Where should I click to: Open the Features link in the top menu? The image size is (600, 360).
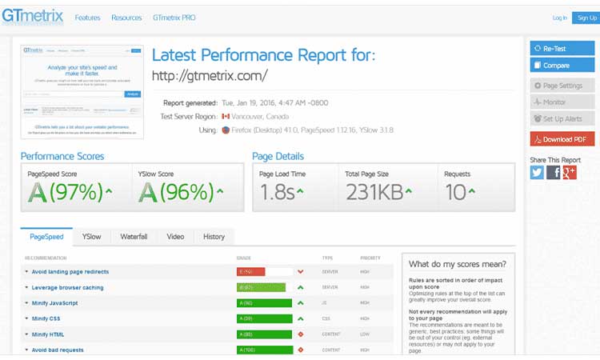point(87,18)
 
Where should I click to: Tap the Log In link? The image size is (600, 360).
point(559,18)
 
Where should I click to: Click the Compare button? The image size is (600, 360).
point(562,66)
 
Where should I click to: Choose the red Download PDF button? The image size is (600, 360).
point(562,139)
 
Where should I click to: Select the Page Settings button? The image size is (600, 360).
point(562,86)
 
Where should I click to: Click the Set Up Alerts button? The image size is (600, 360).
point(562,119)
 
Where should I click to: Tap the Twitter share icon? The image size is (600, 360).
point(537,172)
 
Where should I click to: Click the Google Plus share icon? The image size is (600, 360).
point(570,172)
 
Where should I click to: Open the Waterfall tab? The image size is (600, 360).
point(134,237)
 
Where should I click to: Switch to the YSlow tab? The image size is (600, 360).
point(92,237)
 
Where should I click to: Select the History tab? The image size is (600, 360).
point(214,237)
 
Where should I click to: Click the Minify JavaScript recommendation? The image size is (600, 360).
point(55,303)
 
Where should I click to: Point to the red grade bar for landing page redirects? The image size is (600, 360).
point(250,272)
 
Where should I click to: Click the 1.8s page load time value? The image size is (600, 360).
point(278,192)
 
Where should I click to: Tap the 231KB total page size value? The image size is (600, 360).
point(374,192)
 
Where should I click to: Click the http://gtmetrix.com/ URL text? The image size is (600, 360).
point(210,76)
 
